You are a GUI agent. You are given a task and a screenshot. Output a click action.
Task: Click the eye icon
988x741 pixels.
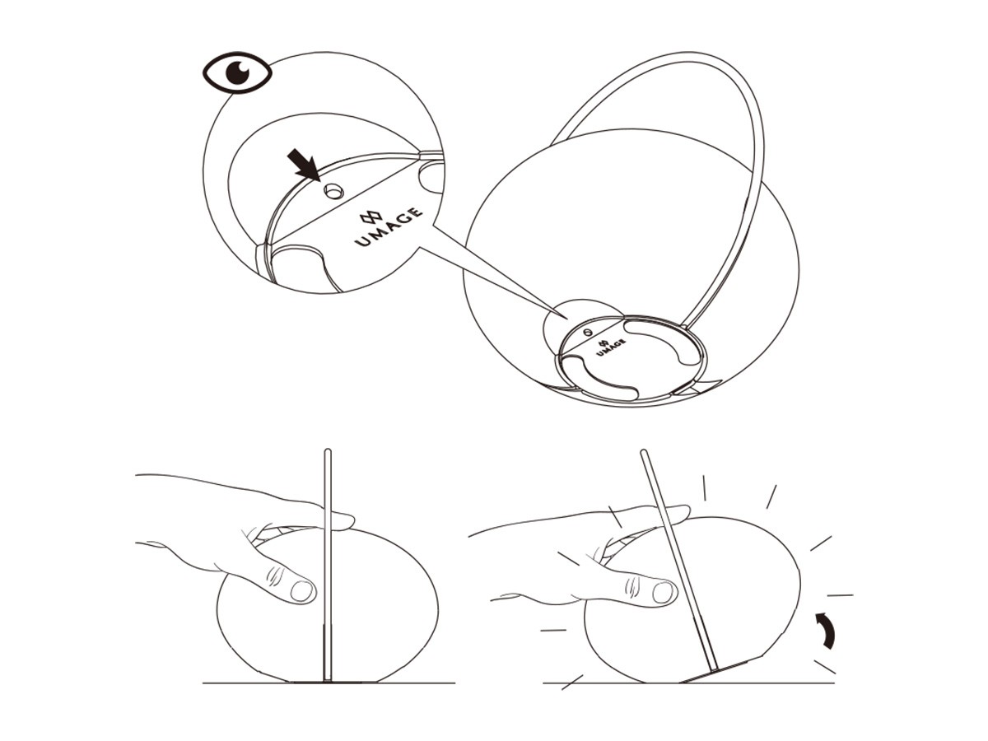[x=237, y=72]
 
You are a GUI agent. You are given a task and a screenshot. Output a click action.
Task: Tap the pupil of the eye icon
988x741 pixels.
[x=237, y=72]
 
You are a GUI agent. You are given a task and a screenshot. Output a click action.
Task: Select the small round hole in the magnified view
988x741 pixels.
[x=334, y=192]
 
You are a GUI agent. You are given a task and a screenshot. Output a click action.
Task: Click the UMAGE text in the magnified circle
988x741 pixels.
[x=389, y=227]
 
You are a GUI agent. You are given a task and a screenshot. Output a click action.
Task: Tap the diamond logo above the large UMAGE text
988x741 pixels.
[x=371, y=217]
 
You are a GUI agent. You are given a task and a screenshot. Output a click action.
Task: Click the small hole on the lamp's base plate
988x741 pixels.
[x=586, y=332]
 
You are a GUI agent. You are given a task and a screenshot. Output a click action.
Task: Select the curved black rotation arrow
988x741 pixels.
[x=827, y=630]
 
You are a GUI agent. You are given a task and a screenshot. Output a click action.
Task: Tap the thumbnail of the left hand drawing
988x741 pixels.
[x=301, y=590]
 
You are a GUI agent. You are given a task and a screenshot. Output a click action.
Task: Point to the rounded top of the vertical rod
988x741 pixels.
[x=328, y=450]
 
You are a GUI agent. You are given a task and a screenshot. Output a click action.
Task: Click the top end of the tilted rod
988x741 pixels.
[x=644, y=452]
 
